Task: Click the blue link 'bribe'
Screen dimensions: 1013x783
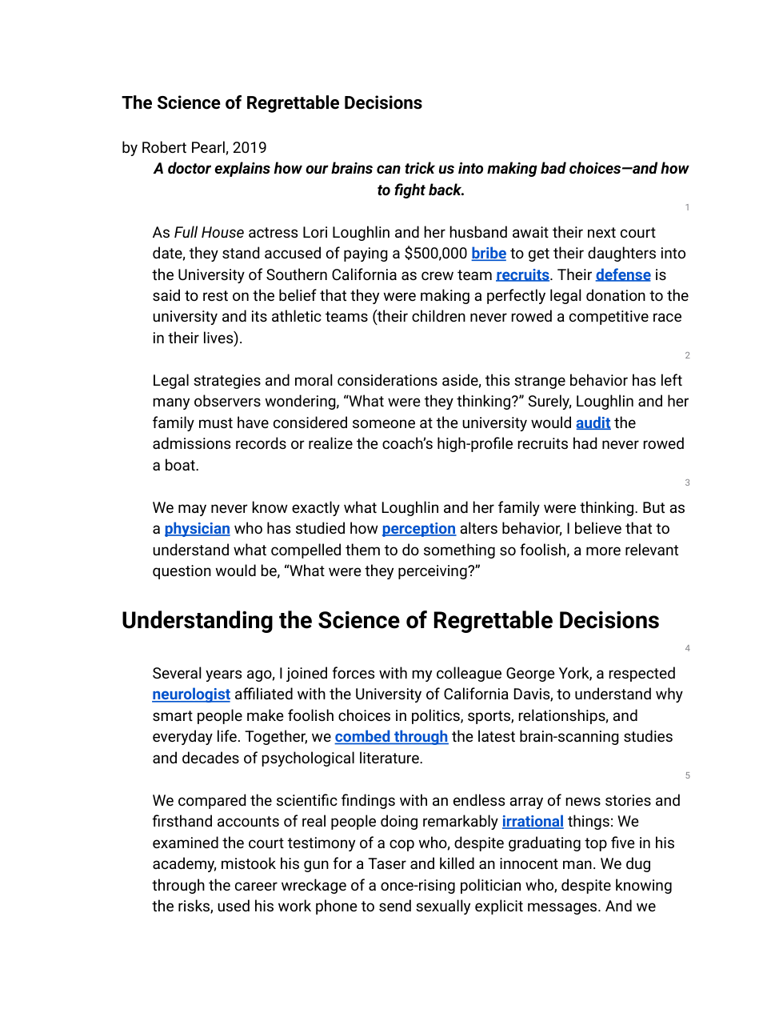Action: click(489, 254)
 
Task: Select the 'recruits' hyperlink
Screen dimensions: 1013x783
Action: click(522, 275)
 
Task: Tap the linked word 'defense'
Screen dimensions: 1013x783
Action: click(623, 275)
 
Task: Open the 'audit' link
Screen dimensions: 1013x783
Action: click(593, 423)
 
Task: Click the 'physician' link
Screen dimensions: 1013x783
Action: click(197, 529)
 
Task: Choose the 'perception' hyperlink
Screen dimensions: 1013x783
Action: click(418, 529)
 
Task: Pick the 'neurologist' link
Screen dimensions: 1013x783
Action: click(191, 695)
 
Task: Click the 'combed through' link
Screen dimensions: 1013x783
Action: click(391, 737)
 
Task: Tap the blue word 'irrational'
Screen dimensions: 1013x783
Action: click(533, 822)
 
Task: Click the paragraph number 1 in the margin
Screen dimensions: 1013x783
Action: click(687, 207)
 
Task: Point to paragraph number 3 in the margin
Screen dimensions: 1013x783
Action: click(687, 482)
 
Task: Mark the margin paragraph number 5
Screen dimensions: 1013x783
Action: click(687, 775)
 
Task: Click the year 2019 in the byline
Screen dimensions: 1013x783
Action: click(250, 148)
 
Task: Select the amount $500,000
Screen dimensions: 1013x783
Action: click(435, 254)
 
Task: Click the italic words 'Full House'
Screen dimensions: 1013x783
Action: click(209, 233)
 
